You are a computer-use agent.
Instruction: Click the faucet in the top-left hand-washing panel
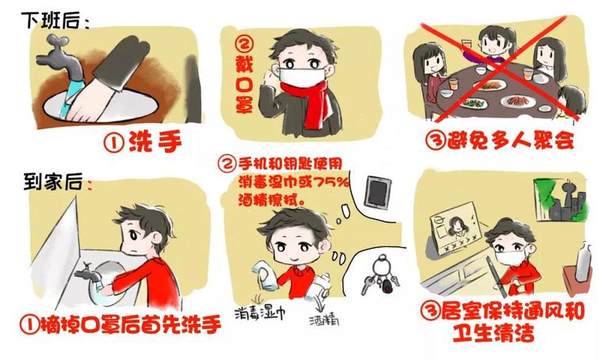(x=61, y=57)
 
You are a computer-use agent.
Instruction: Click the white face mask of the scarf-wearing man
(x=303, y=77)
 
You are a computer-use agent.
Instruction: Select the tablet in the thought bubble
(x=378, y=192)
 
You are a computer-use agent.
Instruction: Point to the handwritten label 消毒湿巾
(x=260, y=312)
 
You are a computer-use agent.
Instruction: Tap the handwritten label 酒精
(x=324, y=320)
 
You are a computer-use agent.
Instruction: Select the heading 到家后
(x=53, y=181)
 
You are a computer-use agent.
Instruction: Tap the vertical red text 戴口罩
(x=244, y=75)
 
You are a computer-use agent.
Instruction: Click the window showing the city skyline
(x=559, y=200)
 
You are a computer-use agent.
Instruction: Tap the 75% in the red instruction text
(x=331, y=182)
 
